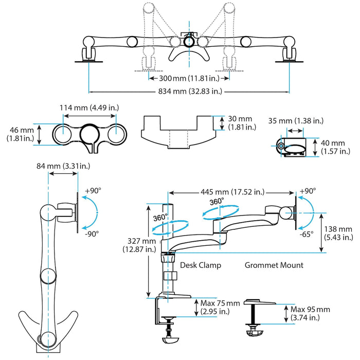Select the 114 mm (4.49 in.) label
(x=89, y=108)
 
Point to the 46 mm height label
(x=20, y=134)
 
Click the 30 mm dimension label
(x=240, y=122)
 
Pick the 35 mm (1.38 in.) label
(x=295, y=120)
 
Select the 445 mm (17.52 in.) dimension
(x=233, y=192)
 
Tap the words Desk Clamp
(x=201, y=265)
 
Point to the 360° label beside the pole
(x=160, y=218)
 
